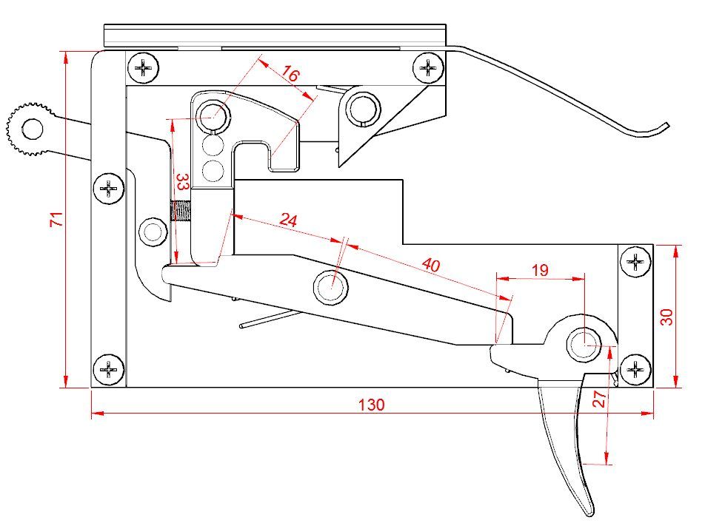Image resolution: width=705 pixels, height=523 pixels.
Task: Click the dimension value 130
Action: click(x=371, y=405)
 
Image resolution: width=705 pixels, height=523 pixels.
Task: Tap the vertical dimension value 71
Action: click(x=54, y=220)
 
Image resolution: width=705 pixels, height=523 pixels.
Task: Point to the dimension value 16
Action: click(x=291, y=75)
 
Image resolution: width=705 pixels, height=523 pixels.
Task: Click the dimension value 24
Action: click(x=288, y=220)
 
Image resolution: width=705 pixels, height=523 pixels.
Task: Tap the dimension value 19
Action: click(x=540, y=270)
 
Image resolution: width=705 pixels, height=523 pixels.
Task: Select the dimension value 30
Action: click(x=666, y=317)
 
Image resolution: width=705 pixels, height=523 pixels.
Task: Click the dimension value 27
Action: click(x=601, y=399)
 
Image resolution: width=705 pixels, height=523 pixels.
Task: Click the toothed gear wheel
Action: click(x=31, y=129)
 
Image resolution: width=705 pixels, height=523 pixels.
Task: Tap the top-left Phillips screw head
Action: click(x=144, y=69)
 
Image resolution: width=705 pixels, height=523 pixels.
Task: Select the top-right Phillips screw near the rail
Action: click(x=427, y=69)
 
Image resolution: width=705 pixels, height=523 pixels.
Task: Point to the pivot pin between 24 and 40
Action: click(x=331, y=286)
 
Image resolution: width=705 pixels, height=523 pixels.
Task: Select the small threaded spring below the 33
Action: click(x=181, y=212)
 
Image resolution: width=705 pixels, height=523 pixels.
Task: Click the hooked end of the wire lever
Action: click(x=664, y=126)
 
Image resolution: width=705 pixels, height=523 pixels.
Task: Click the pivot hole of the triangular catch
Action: click(x=363, y=107)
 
